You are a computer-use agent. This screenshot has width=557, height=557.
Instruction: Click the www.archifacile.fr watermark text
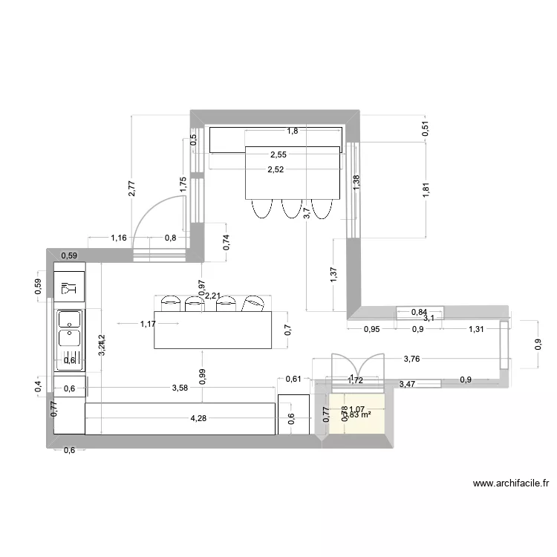[x=511, y=483]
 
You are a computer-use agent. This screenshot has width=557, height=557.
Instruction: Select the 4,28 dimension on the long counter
[x=198, y=418]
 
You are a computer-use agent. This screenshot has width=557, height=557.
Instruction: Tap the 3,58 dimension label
[x=179, y=388]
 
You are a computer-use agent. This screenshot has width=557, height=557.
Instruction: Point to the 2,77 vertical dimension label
[x=131, y=189]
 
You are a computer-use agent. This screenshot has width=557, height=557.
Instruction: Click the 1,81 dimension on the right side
[x=426, y=190]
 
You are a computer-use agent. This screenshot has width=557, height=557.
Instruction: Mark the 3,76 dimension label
[x=412, y=359]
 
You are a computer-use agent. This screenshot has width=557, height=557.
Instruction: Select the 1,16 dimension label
[x=118, y=238]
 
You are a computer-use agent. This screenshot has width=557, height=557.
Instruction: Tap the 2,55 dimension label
[x=278, y=155]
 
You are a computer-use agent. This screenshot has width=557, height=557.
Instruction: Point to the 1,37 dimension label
[x=334, y=274]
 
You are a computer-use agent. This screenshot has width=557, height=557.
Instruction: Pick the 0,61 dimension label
[x=293, y=380]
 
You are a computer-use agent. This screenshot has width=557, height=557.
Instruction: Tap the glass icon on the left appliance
[x=69, y=287]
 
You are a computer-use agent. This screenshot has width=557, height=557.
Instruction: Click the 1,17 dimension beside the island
[x=148, y=324]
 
